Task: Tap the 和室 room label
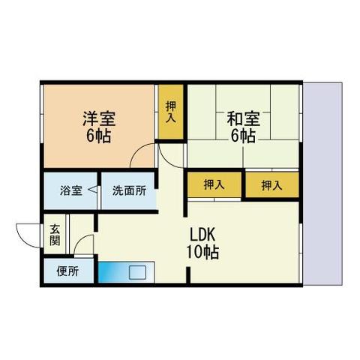[x=243, y=119]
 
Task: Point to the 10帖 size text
[x=202, y=253]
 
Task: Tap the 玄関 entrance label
[x=56, y=235]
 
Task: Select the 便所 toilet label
[x=67, y=271]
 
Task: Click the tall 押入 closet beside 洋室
[x=171, y=112]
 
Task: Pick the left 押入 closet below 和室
[x=214, y=185]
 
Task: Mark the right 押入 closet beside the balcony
[x=271, y=185]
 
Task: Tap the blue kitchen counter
[x=112, y=271]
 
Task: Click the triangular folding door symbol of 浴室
[x=93, y=191]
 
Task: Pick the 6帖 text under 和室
[x=243, y=136]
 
